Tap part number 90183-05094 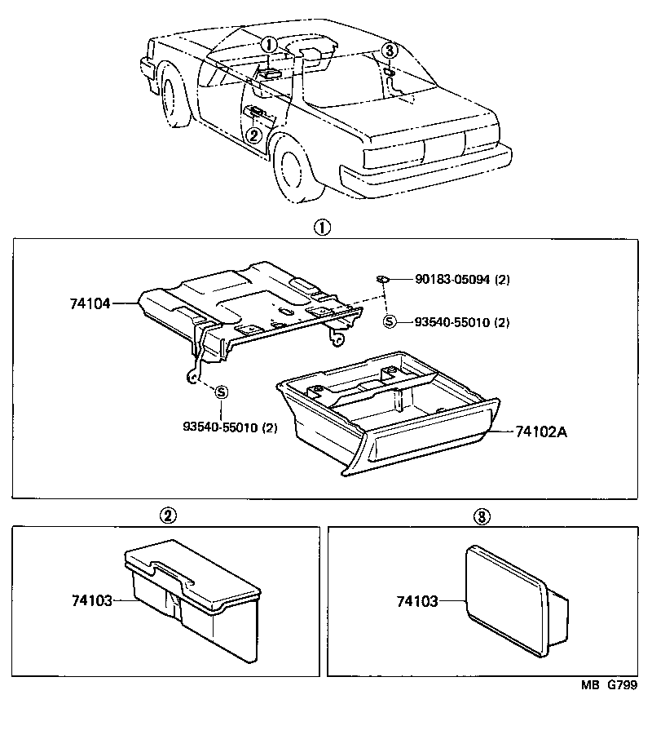(451, 280)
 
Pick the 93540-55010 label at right (451, 322)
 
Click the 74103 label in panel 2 (90, 600)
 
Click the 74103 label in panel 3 (416, 601)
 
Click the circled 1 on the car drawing (270, 44)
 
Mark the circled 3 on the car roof (390, 51)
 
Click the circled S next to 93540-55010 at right (389, 321)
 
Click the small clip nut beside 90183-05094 (382, 280)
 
